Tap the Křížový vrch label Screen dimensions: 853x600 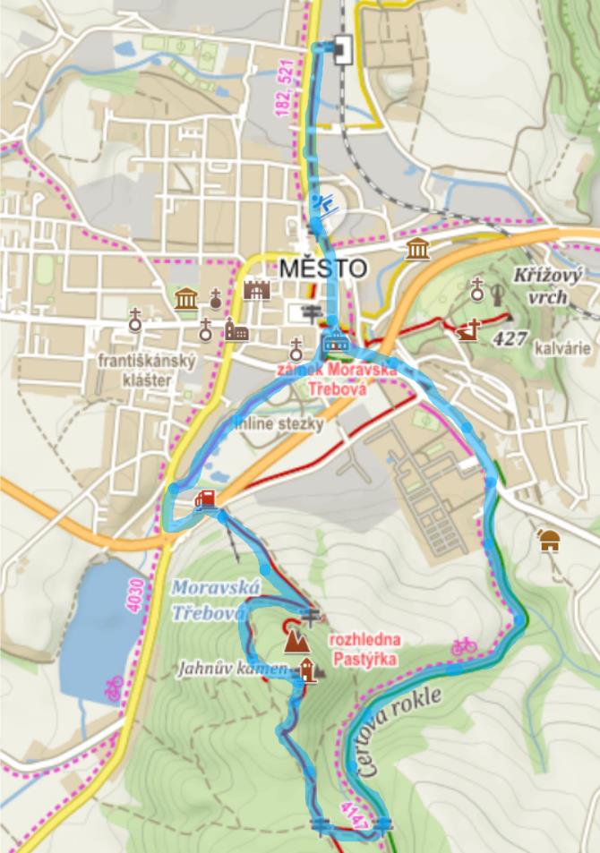pos(548,286)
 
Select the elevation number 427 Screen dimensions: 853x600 pos(507,337)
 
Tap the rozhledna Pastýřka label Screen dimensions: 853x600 pos(362,649)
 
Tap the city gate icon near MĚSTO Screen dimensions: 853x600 pos(257,290)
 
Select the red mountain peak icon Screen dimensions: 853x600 pos(294,639)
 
